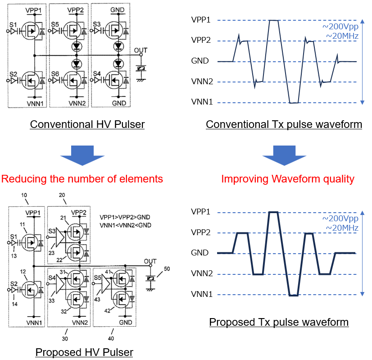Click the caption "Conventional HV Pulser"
87,124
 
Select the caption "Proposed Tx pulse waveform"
279,322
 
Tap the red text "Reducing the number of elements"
82,179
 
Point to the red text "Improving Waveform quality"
288,179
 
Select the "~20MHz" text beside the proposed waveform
343,228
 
